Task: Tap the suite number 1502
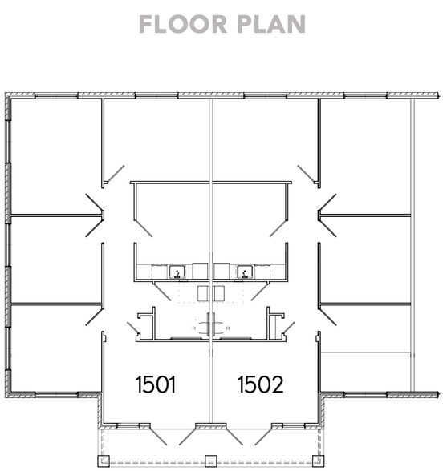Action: coord(260,384)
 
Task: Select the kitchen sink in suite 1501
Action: coord(177,271)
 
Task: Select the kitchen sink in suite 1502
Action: coord(243,271)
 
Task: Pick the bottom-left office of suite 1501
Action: coord(55,348)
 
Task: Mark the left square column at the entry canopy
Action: coord(104,461)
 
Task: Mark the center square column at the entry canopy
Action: coord(210,461)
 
